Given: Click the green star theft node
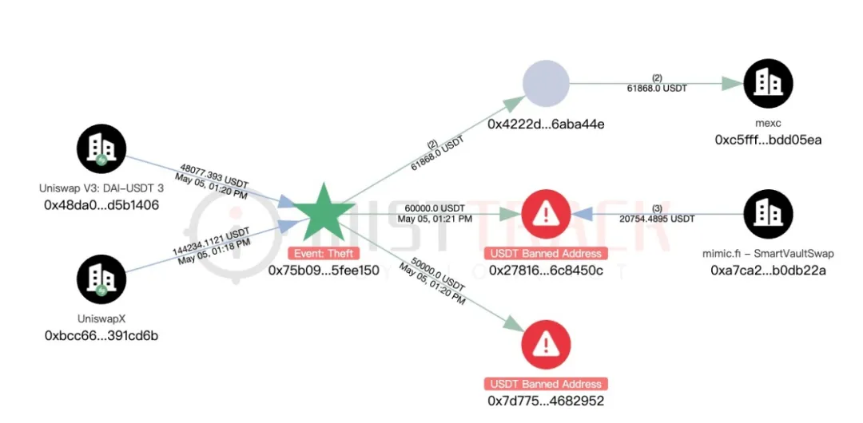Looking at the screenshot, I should coord(323,213).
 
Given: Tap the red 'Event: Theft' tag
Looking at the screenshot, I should coord(324,253).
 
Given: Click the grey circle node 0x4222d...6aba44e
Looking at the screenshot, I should coord(546,84).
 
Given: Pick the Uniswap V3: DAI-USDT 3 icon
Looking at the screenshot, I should coord(101,148).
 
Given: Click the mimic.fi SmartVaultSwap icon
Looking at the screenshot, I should coord(768,214).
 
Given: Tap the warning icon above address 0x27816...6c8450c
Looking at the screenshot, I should coord(546,214).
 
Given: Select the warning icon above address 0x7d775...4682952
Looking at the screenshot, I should coord(546,343).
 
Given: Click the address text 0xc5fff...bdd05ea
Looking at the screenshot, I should coord(768,140).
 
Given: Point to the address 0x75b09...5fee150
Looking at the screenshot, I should coord(324,270).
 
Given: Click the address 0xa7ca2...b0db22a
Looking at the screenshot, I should coord(768,270).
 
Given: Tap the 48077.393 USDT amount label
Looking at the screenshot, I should coord(215,175).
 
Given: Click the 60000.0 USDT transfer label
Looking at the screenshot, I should coord(435,208).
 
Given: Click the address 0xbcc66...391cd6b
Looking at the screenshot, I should coord(101,335).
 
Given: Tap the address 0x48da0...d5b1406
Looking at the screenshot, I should coord(101,204).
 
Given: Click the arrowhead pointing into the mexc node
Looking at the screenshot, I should coord(731,84).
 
